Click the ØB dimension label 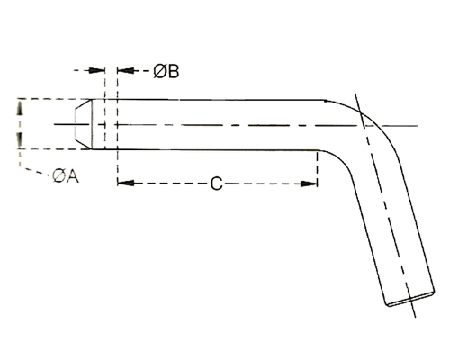[x=166, y=72]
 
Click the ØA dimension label [x=65, y=175]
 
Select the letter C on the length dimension [x=216, y=184]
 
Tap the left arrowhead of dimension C [x=126, y=183]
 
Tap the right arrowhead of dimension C [x=309, y=184]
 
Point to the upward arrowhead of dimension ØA [x=20, y=108]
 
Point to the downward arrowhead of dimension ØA [x=20, y=139]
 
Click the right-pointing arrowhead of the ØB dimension [x=97, y=70]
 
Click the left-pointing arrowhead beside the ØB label [x=126, y=71]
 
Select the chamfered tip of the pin [x=84, y=124]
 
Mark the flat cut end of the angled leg [x=410, y=299]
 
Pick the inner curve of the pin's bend [x=343, y=160]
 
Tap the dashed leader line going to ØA [x=34, y=170]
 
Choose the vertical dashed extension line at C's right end [x=318, y=168]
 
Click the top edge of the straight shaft [x=209, y=99]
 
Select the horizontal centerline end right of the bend [x=398, y=126]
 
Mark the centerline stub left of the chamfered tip [x=72, y=124]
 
